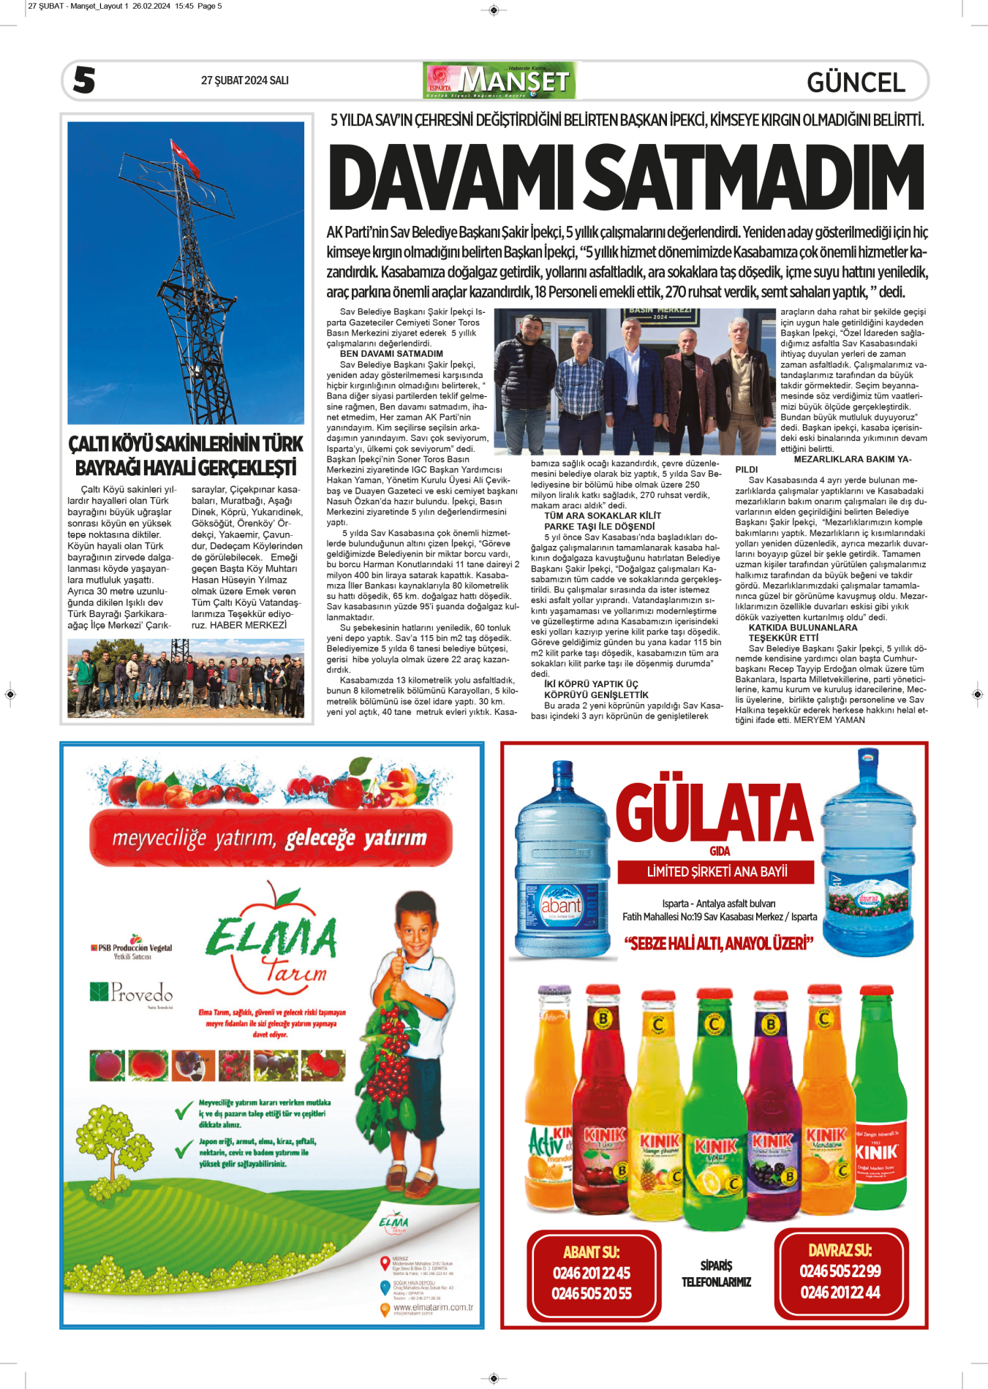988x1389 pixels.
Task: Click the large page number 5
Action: coord(84,80)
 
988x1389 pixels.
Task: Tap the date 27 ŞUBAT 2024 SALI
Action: coord(244,80)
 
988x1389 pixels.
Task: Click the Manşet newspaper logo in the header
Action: coord(499,80)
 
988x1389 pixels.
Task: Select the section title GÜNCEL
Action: coord(856,82)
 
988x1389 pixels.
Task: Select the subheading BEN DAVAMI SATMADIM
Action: coord(391,354)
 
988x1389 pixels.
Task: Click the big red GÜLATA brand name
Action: coord(714,812)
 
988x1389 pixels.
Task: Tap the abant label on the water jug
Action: coord(560,906)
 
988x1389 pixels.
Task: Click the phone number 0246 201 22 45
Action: coord(592,1273)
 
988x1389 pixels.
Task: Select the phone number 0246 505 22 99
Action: coord(840,1271)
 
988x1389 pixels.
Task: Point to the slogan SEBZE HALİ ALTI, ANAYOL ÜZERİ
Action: coord(718,944)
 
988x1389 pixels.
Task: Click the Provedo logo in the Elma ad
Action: coord(132,992)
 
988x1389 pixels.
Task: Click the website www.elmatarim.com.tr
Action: coord(433,1307)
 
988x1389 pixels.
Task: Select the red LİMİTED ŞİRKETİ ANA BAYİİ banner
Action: coord(717,871)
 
